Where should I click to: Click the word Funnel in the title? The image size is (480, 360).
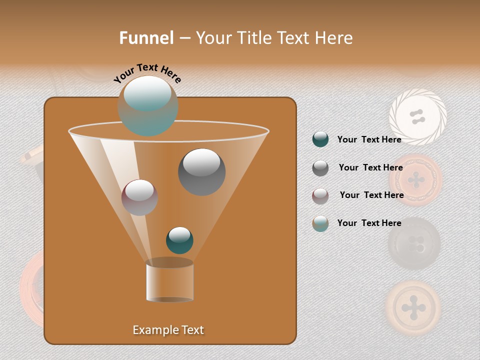[146, 38]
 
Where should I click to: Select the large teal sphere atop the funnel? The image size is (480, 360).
[147, 105]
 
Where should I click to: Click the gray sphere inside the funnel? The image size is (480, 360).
[201, 171]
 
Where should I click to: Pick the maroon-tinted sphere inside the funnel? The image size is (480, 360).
[139, 197]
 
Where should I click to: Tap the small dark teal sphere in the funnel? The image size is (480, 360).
[179, 240]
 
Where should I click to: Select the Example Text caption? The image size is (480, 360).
[168, 330]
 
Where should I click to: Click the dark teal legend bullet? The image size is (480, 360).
[320, 139]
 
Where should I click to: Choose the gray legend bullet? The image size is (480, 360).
[320, 168]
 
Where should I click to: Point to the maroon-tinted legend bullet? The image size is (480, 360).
[320, 196]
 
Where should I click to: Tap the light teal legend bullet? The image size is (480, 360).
[320, 223]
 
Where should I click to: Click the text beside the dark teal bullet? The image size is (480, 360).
[369, 139]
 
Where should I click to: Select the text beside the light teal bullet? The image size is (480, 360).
[369, 223]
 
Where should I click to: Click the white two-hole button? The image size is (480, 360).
[417, 117]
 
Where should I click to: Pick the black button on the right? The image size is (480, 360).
[414, 243]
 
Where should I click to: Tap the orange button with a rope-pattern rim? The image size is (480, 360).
[415, 180]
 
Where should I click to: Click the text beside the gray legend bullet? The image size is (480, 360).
[370, 167]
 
